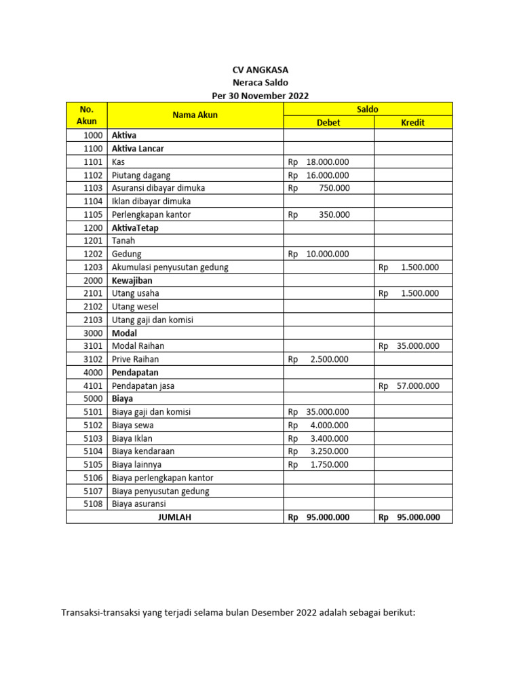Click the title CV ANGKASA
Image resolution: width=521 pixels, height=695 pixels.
click(260, 70)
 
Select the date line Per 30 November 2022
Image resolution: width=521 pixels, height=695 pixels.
click(260, 96)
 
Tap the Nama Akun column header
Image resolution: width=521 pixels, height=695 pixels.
click(195, 115)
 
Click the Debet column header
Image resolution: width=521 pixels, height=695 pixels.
click(328, 123)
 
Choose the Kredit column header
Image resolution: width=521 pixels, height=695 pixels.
click(412, 123)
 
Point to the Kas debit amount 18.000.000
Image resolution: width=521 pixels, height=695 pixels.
click(327, 162)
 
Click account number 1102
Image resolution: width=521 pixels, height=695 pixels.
click(93, 175)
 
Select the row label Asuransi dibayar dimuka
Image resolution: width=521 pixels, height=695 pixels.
click(158, 188)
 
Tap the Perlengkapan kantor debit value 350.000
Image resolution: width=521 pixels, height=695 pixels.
click(334, 214)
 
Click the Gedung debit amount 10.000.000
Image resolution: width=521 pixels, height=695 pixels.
click(327, 255)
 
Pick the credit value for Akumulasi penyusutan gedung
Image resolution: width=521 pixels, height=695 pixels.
click(419, 267)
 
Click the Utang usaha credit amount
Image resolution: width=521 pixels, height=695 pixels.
click(419, 294)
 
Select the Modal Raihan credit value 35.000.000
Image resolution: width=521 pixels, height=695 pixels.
click(417, 346)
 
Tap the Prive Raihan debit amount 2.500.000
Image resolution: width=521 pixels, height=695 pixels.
click(329, 359)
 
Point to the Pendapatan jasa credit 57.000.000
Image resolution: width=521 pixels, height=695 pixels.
click(417, 386)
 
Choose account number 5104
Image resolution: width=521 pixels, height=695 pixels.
click(93, 451)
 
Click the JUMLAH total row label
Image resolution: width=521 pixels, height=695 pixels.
click(174, 517)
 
